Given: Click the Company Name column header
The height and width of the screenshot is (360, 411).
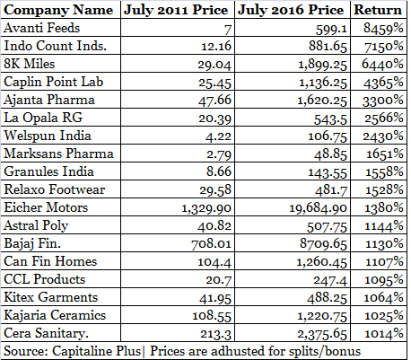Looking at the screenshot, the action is pyautogui.click(x=58, y=10).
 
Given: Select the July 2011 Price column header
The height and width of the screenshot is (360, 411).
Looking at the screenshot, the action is pyautogui.click(x=176, y=10).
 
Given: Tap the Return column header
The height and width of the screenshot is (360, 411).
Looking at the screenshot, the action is pyautogui.click(x=378, y=10).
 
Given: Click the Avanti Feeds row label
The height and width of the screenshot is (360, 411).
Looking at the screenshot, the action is pyautogui.click(x=42, y=28).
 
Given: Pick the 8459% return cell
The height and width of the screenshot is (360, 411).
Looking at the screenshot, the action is pyautogui.click(x=383, y=28).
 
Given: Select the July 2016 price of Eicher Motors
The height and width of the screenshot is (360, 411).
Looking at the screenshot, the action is pyautogui.click(x=318, y=208).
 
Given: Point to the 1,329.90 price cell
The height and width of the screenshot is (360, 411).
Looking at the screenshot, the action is pyautogui.click(x=206, y=208).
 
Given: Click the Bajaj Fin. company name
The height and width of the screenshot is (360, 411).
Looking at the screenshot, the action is pyautogui.click(x=32, y=244).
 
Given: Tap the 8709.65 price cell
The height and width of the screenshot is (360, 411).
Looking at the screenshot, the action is pyautogui.click(x=323, y=244).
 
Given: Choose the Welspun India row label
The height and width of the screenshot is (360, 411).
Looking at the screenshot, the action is pyautogui.click(x=48, y=136).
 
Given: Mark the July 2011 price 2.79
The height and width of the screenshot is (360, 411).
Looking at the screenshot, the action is pyautogui.click(x=219, y=154).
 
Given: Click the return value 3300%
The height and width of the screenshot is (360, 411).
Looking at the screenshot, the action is pyautogui.click(x=383, y=101).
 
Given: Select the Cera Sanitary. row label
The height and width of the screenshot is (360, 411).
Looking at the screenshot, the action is pyautogui.click(x=46, y=333).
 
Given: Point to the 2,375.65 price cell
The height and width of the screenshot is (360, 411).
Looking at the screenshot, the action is pyautogui.click(x=322, y=334).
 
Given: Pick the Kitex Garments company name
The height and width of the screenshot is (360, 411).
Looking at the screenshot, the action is pyautogui.click(x=51, y=297).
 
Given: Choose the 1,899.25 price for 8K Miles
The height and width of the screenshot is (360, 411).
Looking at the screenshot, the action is pyautogui.click(x=323, y=65).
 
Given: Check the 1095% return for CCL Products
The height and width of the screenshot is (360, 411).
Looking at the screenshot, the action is pyautogui.click(x=384, y=280).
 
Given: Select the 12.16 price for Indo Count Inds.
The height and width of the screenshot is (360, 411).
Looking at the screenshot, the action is pyautogui.click(x=216, y=46).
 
